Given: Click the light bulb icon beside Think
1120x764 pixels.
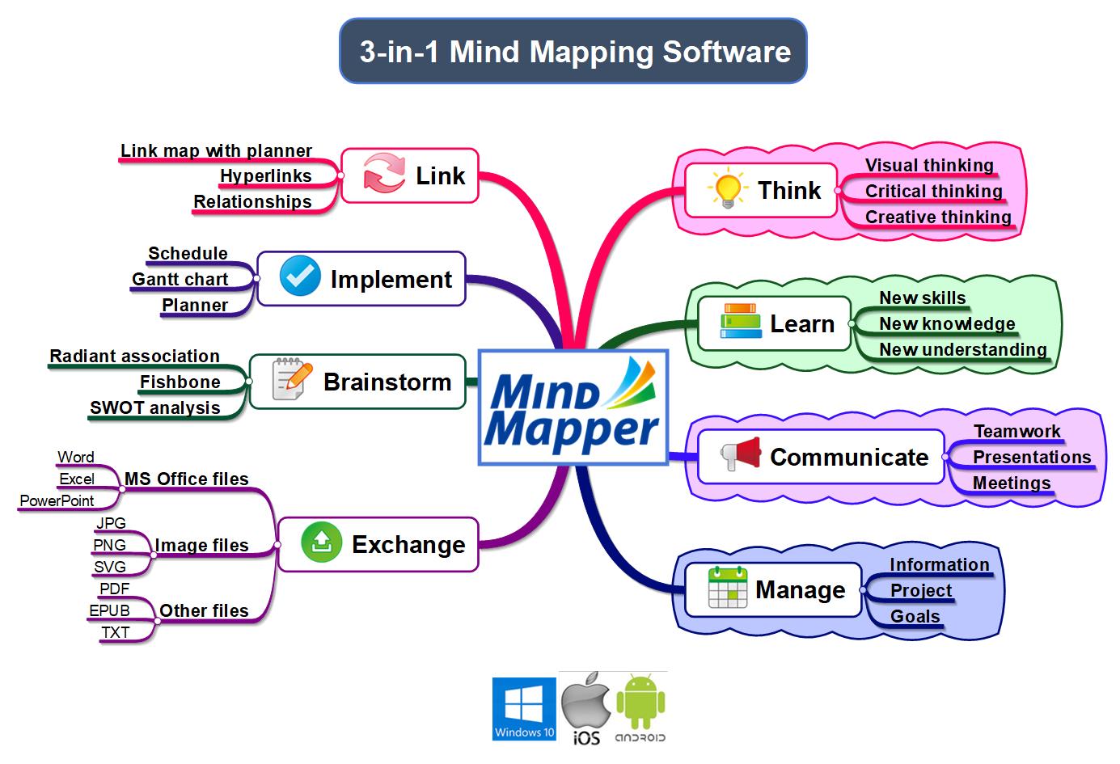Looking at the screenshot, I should [725, 190].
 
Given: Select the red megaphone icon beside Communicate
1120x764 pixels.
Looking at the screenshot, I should [741, 456].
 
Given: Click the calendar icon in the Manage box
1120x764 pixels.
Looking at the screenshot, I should [727, 589].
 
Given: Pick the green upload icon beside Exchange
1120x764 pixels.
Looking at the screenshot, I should [321, 543].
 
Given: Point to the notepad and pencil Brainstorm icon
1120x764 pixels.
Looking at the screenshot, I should [291, 380].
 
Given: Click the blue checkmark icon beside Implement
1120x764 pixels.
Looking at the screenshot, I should [300, 277].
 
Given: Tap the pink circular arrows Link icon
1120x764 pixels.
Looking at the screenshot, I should [383, 175].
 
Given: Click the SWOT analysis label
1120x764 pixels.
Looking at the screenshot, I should [155, 407].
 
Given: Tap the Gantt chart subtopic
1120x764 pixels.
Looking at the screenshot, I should [180, 279].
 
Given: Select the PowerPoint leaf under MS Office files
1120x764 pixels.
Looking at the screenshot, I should [57, 500].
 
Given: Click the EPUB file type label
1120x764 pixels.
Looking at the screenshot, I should [109, 610].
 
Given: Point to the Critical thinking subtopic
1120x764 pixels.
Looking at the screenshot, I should [933, 191].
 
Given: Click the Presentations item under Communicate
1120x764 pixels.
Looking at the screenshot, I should [1031, 457].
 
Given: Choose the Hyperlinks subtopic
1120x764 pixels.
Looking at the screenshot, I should [265, 175].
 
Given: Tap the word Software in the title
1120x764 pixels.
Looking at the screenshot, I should [726, 52].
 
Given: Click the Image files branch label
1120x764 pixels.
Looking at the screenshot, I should [201, 546].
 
